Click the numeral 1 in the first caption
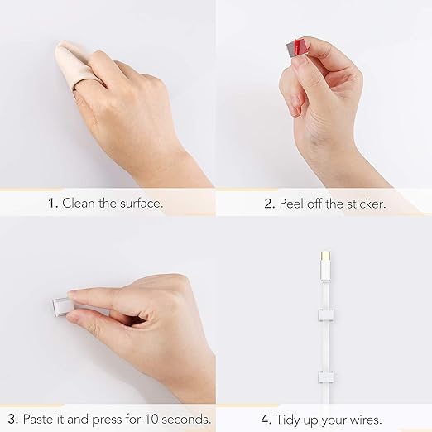(52, 204)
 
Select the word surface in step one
(142, 203)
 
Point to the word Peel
(291, 204)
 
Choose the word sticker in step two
(366, 204)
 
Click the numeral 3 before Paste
(13, 419)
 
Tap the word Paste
(38, 419)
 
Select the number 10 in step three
(151, 419)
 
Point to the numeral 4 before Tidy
(266, 420)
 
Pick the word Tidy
(288, 420)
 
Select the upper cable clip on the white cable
(326, 315)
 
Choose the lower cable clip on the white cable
(326, 377)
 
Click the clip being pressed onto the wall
(60, 307)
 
